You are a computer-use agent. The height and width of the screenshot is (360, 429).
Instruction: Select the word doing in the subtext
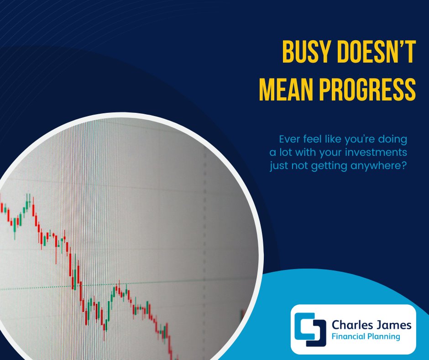[394, 138]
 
